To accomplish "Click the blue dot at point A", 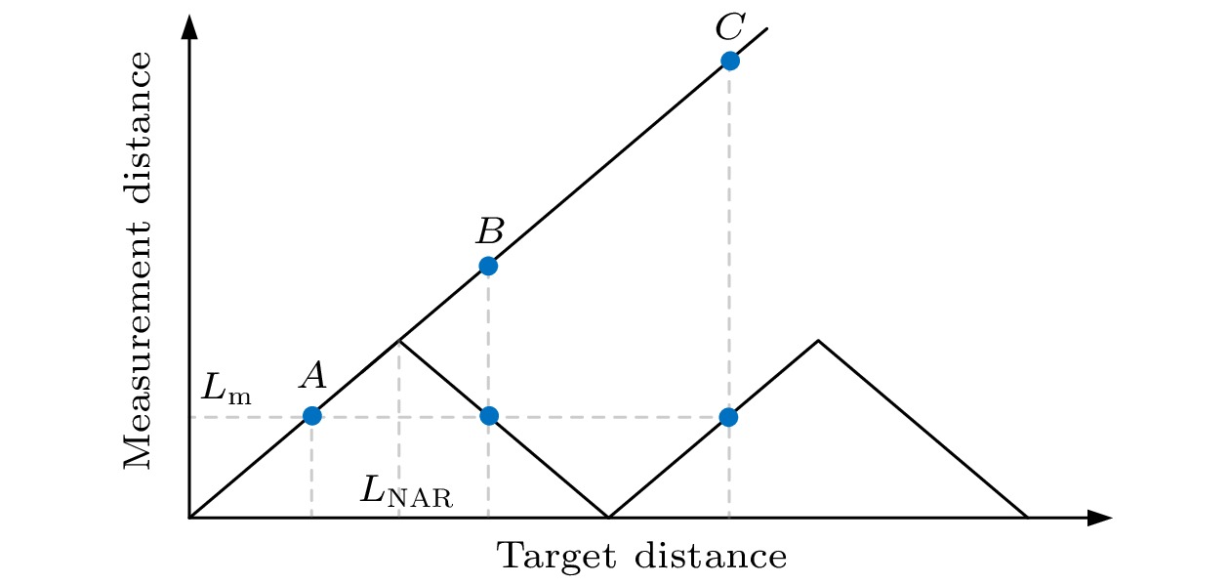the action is coord(312,416).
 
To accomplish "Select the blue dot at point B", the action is coord(488,266).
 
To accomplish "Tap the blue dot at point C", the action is coord(730,61).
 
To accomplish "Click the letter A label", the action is coord(313,377).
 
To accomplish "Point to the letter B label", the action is coord(490,230).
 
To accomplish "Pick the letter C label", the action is coord(730,26).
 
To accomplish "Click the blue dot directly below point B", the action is coord(489,416).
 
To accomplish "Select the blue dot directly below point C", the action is coord(728,417).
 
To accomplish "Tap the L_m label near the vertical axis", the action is coord(226,388).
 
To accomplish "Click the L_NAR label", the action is coord(406,491).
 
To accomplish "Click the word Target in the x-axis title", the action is coord(556,557).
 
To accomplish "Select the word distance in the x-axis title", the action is coord(711,556).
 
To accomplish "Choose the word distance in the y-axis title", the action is coord(137,128).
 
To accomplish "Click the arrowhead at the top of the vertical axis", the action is coord(189,26).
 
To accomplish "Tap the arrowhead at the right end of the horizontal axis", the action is coord(1100,518).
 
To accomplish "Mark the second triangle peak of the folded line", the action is coord(818,341).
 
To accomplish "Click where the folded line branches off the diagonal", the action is coord(399,341).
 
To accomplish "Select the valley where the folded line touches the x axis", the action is coord(608,517).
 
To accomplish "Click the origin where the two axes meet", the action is coord(189,518).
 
